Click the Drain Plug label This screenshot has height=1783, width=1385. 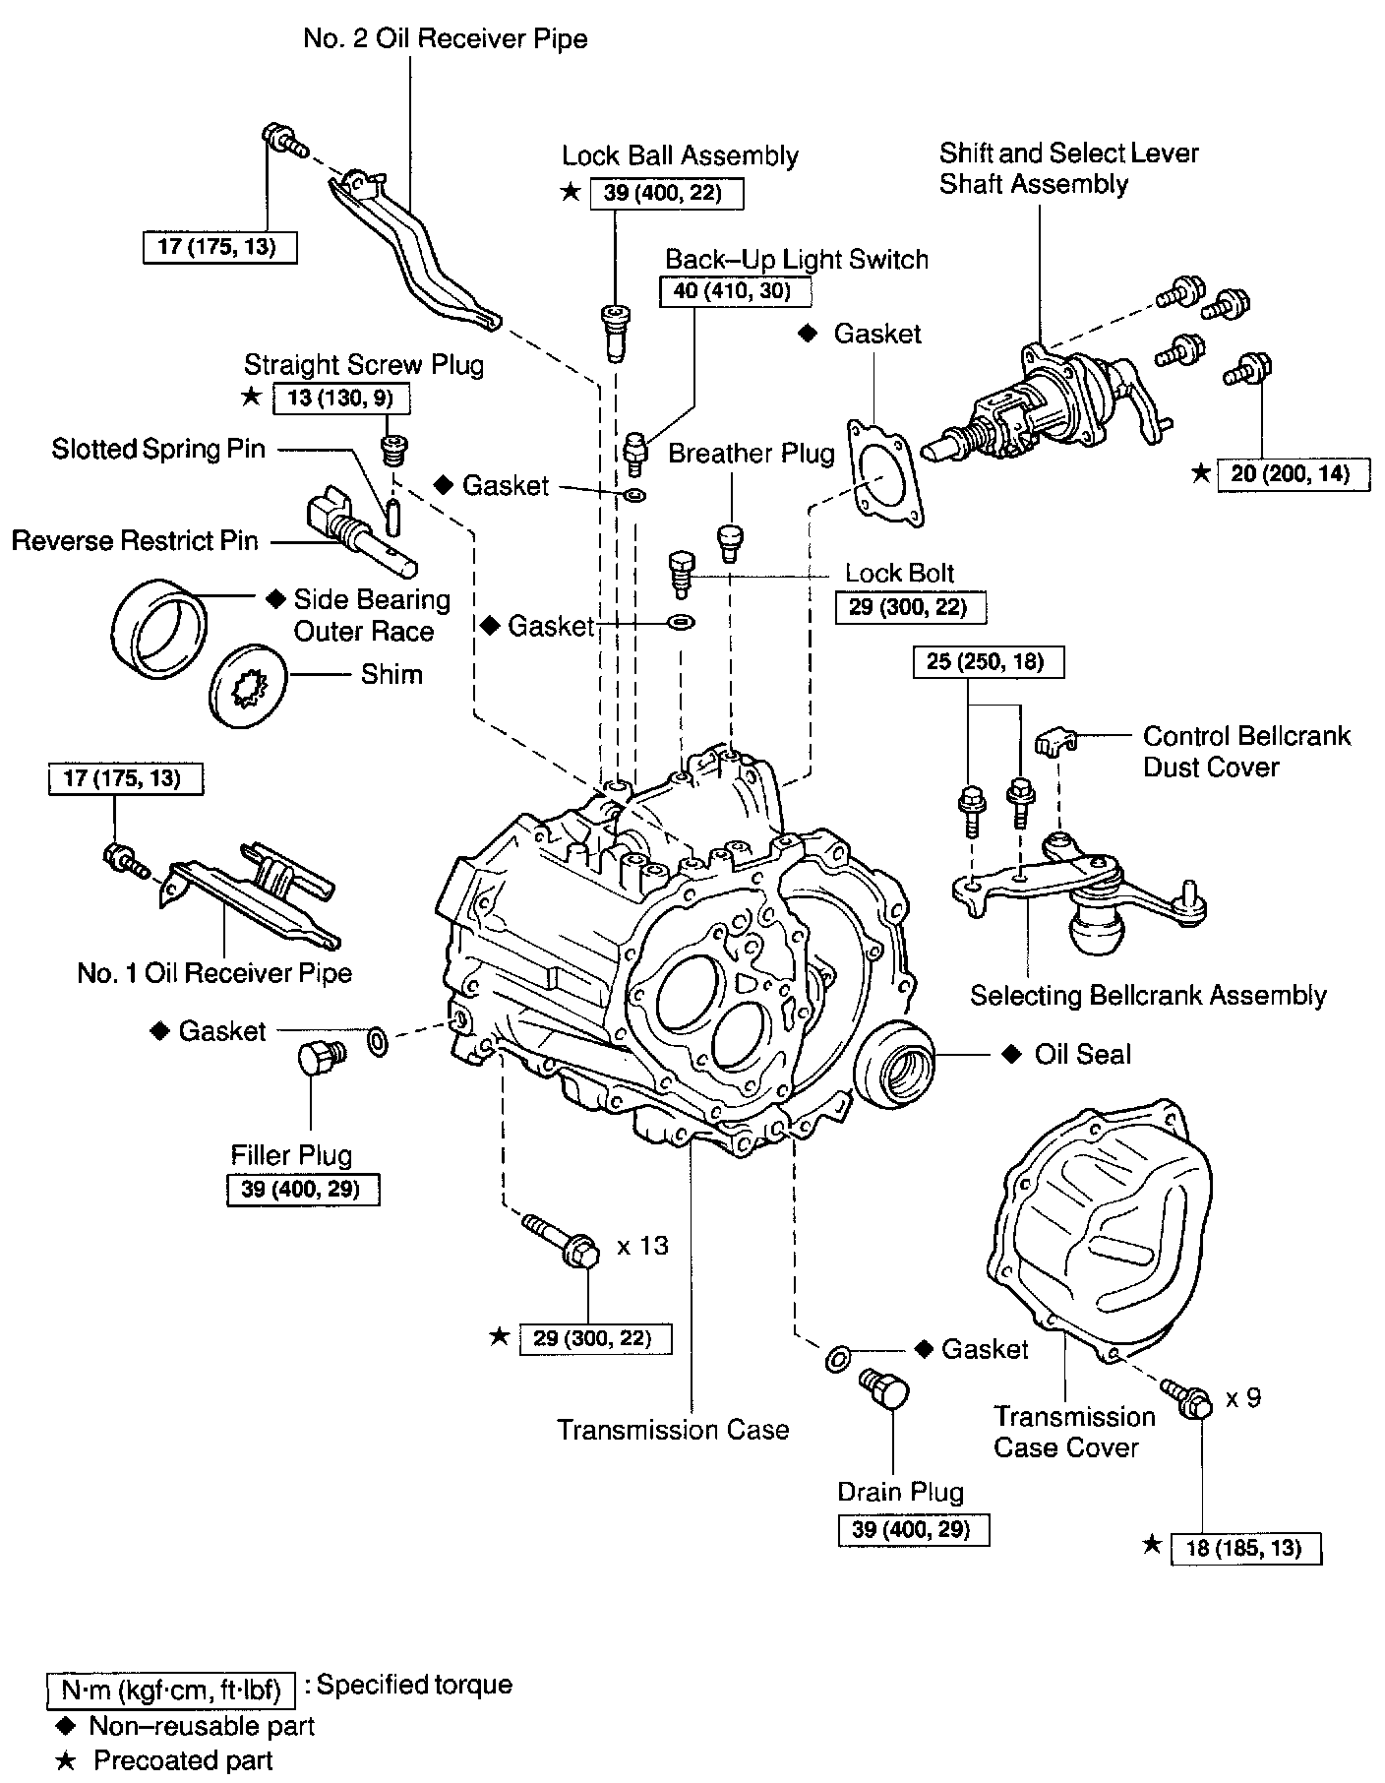click(900, 1492)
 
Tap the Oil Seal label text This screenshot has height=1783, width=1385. click(1082, 1054)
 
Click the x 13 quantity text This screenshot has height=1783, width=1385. click(642, 1246)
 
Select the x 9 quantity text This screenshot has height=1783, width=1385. click(1243, 1397)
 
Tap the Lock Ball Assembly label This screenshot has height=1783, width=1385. click(680, 155)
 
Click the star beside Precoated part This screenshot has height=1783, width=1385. click(65, 1759)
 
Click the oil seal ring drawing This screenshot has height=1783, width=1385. click(896, 1062)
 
